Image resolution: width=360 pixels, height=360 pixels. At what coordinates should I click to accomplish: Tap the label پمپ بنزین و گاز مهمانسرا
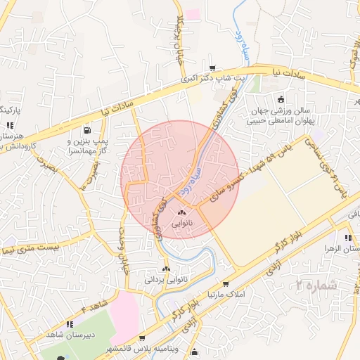pyautogui.click(x=87, y=146)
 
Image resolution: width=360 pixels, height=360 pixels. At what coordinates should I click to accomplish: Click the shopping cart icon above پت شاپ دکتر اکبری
pyautogui.click(x=212, y=68)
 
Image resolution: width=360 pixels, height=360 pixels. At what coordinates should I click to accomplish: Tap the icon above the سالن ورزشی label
pyautogui.click(x=282, y=99)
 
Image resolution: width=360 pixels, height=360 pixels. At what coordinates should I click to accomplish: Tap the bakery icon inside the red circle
pyautogui.click(x=183, y=212)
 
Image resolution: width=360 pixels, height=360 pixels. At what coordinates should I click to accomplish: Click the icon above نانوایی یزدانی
pyautogui.click(x=167, y=268)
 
